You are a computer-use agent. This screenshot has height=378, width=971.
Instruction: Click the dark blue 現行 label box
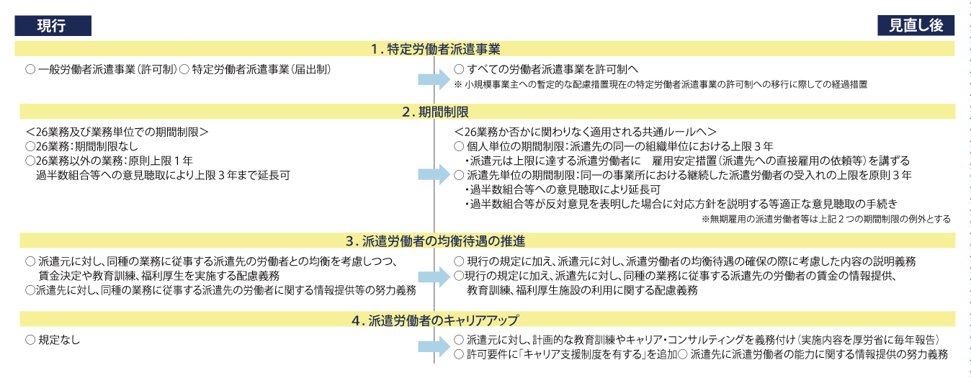53,26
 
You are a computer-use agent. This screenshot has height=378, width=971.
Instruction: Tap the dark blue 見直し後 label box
916,25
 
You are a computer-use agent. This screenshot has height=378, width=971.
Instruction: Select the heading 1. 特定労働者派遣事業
435,49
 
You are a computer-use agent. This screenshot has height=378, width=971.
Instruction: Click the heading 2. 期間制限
435,112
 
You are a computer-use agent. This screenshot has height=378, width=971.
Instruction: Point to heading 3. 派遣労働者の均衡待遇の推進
435,240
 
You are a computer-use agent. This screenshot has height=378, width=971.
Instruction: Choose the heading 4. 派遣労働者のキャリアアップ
435,320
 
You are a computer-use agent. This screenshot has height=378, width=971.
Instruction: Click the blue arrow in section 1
434,79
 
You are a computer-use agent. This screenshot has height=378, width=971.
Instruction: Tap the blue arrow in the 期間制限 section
434,175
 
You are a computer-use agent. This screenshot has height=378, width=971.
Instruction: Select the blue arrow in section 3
434,277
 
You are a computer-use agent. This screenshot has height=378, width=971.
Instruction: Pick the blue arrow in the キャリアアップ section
434,347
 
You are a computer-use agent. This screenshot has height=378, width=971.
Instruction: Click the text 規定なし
59,340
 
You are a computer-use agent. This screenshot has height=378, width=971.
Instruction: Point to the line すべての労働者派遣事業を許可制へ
552,69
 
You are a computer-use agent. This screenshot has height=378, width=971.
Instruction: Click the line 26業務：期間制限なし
86,146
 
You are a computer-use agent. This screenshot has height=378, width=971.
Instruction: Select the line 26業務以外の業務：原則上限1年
115,161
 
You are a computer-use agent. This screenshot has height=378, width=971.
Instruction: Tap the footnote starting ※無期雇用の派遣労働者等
826,219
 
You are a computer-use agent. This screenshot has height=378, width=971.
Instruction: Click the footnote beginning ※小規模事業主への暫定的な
661,84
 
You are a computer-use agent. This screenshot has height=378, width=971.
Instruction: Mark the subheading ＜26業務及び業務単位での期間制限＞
117,132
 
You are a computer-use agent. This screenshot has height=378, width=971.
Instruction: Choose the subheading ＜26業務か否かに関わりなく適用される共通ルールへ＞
585,132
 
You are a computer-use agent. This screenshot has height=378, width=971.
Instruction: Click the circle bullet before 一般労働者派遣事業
30,69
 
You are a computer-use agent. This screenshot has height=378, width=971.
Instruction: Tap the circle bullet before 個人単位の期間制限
459,146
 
